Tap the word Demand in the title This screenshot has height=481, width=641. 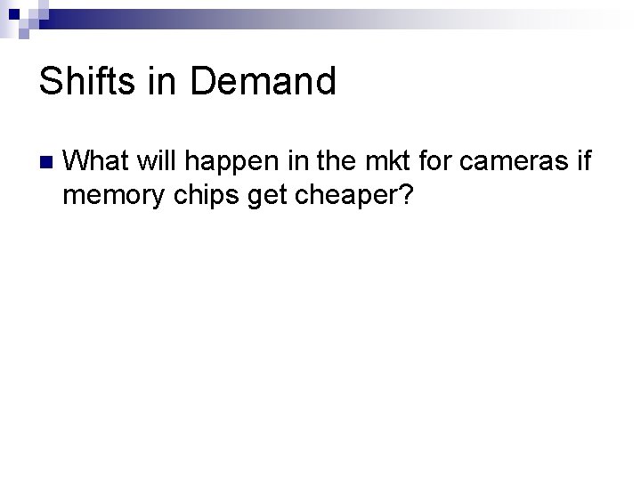tap(264, 82)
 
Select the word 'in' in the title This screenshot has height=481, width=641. tap(164, 82)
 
